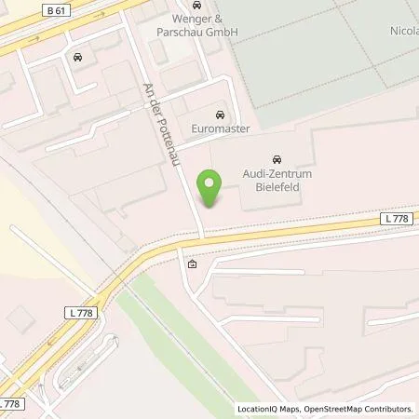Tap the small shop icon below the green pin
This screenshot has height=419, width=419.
192,264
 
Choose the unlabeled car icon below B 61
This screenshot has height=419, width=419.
76,58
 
